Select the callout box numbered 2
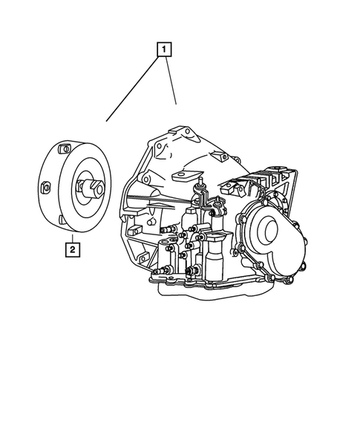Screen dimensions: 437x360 click(72, 249)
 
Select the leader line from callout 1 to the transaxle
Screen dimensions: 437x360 click(171, 82)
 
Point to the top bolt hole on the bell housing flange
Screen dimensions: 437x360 click(187, 132)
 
